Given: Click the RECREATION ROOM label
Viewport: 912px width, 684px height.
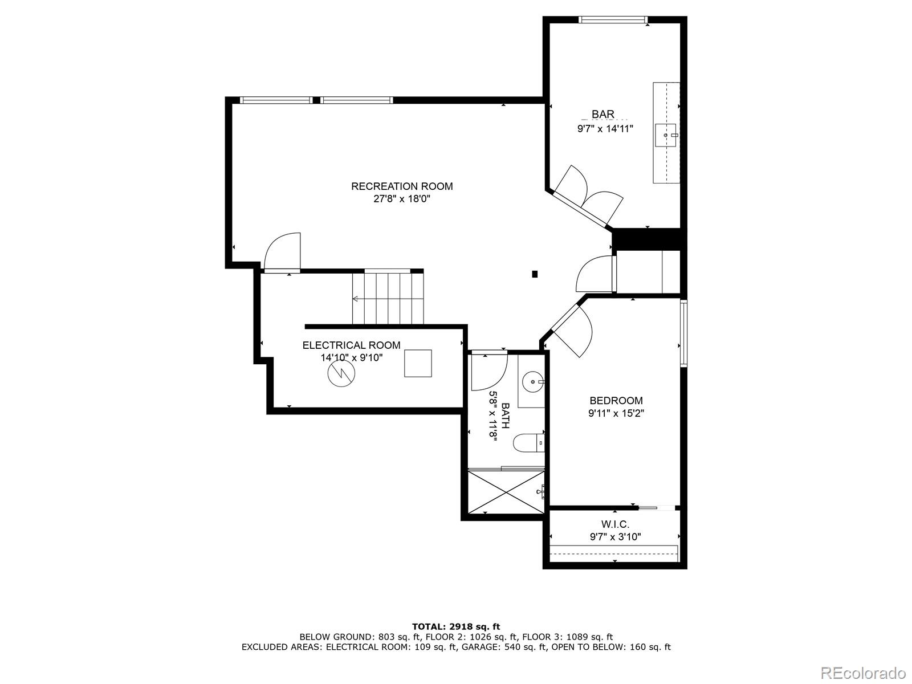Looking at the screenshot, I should (x=402, y=186).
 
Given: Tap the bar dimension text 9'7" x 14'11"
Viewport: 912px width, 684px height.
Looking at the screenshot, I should (x=605, y=129).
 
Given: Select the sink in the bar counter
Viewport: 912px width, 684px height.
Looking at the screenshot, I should (x=665, y=135).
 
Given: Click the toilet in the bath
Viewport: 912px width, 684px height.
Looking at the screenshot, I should (x=528, y=443).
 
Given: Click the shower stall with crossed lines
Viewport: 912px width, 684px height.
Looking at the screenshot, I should (x=504, y=491).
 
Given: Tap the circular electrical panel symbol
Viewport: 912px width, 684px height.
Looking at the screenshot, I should (x=341, y=373).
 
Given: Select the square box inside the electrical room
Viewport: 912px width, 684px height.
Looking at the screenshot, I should (x=418, y=364).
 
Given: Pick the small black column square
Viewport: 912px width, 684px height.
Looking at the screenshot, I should (x=535, y=274).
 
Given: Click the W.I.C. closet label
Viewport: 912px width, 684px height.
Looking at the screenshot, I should (x=615, y=524).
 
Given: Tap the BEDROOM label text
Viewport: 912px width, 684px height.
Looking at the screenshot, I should (x=616, y=401).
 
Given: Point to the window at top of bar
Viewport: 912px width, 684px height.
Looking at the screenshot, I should (x=613, y=20).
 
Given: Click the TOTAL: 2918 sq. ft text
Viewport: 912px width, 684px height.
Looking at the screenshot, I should (x=456, y=627).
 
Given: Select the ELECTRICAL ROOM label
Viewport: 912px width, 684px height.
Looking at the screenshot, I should (x=351, y=345).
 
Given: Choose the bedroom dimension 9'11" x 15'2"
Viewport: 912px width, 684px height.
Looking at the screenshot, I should (x=616, y=414).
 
